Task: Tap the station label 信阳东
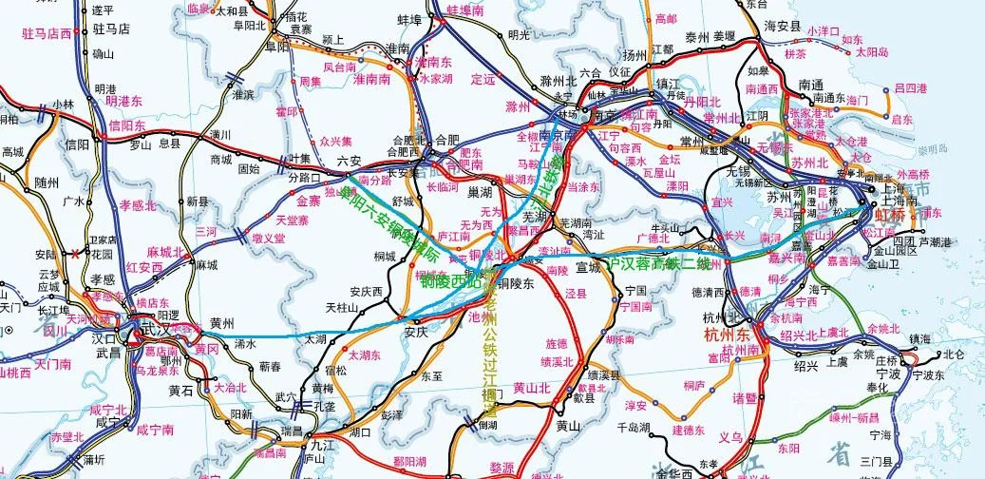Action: point(126,125)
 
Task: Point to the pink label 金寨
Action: point(309,201)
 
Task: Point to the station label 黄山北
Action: point(531,387)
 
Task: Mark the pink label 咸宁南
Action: point(155,430)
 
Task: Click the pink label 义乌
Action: point(729,437)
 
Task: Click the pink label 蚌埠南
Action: point(465,10)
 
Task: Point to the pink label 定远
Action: point(483,78)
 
